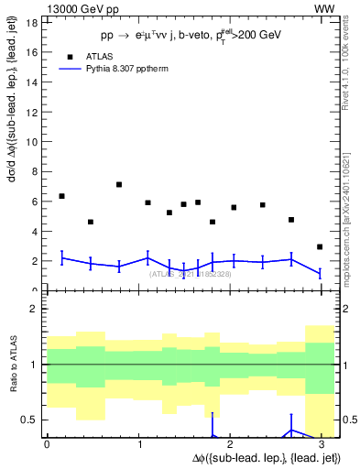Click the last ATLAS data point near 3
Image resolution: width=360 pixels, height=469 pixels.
pyautogui.click(x=319, y=246)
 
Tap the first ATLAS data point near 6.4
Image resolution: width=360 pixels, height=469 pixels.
pyautogui.click(x=61, y=196)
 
